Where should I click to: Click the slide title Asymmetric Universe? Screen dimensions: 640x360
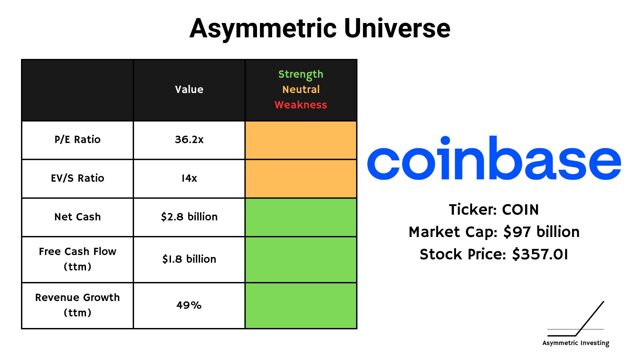[320, 29]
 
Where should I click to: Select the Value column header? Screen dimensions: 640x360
[189, 89]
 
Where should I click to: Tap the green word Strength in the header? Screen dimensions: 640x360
[301, 74]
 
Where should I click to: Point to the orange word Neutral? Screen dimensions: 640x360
[301, 89]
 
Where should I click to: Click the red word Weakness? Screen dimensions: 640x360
[301, 105]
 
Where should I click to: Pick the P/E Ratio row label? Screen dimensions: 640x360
[77, 139]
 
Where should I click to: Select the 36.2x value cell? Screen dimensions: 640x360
[189, 139]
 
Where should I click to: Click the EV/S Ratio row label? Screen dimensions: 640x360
[77, 178]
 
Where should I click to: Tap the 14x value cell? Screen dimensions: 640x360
[189, 178]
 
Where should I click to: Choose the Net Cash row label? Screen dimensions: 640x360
[77, 217]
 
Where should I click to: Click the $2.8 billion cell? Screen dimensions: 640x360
[189, 217]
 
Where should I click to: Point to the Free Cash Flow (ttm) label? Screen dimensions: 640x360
[77, 259]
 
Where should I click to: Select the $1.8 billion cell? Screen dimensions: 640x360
[189, 259]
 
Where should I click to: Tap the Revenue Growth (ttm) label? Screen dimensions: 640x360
[77, 305]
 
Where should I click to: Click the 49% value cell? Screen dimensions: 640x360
[189, 305]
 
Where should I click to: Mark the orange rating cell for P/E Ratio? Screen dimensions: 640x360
[301, 140]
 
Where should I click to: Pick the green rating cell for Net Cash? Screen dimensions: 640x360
[301, 217]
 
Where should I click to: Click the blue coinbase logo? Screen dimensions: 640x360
[494, 158]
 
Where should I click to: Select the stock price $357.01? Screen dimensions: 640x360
[540, 254]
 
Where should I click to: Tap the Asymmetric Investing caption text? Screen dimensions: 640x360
[576, 343]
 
